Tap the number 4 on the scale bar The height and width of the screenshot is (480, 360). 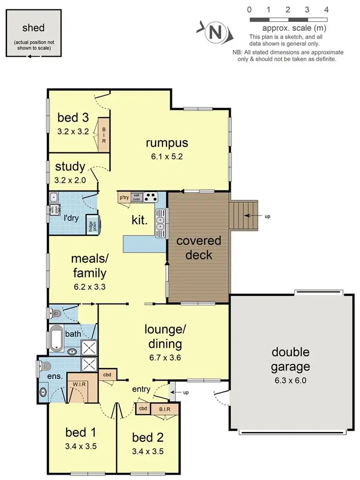point(326,10)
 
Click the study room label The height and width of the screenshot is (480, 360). point(70,167)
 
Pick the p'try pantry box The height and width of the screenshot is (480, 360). point(124,197)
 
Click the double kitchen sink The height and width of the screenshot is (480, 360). point(160,222)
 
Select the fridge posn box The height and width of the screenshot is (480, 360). point(91,225)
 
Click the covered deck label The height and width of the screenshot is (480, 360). point(198,247)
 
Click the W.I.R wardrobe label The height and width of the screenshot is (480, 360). point(80,385)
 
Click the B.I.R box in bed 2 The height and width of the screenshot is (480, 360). point(164,408)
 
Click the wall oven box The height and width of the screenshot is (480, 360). point(137,196)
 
